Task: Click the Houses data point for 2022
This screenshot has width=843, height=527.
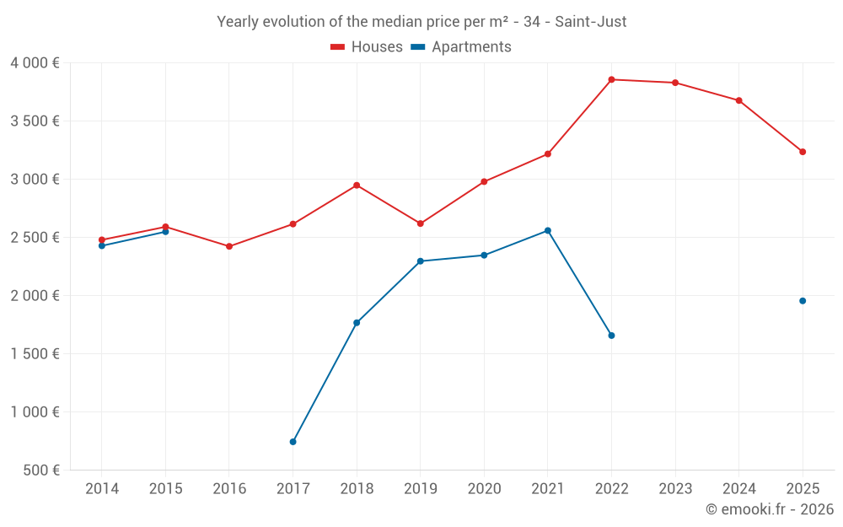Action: click(611, 79)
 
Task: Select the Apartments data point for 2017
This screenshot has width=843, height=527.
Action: click(293, 442)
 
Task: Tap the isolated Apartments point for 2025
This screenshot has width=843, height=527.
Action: click(803, 301)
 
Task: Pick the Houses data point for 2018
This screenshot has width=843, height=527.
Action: click(357, 186)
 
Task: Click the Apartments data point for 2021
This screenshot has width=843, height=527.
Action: click(548, 230)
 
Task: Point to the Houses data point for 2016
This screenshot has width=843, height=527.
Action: click(229, 246)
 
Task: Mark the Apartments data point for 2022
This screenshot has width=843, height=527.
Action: click(611, 336)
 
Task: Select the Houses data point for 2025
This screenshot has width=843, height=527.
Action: click(803, 152)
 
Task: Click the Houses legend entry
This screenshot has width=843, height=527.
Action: click(367, 47)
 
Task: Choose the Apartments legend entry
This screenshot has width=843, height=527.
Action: click(461, 47)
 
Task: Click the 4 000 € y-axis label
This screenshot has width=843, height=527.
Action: click(35, 63)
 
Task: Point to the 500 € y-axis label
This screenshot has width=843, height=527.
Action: click(40, 471)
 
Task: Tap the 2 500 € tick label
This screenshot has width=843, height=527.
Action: click(35, 238)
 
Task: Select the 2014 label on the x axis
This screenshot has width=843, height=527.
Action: click(102, 489)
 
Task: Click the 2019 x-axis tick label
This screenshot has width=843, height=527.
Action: click(420, 489)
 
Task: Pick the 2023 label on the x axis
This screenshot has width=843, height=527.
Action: click(675, 489)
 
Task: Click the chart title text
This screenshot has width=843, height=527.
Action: click(421, 22)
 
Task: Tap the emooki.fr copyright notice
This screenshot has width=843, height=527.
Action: click(769, 509)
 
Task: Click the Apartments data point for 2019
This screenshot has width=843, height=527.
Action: click(420, 261)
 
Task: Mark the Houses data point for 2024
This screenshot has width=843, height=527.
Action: click(738, 100)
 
